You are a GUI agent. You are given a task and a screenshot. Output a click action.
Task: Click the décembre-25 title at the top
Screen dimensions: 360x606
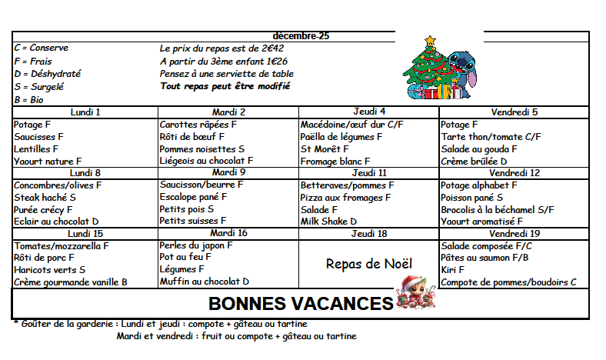(301, 36)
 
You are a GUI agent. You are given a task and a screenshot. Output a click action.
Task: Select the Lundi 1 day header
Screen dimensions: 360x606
(85, 112)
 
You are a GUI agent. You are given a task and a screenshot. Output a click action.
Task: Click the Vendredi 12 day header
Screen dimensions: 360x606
(514, 173)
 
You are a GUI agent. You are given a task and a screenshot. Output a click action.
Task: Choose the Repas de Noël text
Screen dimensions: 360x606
(369, 264)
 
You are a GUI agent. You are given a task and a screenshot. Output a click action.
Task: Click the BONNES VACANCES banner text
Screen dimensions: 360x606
(301, 303)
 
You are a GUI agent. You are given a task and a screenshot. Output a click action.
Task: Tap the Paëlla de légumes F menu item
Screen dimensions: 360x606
(341, 137)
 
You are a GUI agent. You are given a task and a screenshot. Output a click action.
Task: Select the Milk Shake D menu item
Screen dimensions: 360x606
(328, 222)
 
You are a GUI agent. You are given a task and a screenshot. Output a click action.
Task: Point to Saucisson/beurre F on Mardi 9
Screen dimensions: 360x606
(201, 185)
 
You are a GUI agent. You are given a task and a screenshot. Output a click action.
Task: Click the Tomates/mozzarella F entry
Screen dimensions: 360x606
(62, 245)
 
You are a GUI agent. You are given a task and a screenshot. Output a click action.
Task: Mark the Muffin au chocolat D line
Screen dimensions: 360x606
(205, 282)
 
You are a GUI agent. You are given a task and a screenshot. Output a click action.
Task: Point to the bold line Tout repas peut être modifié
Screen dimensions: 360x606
(225, 86)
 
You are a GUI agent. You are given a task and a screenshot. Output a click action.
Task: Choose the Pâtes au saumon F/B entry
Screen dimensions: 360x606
(484, 258)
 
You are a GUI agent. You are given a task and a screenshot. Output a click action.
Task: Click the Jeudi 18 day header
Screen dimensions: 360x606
(369, 233)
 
